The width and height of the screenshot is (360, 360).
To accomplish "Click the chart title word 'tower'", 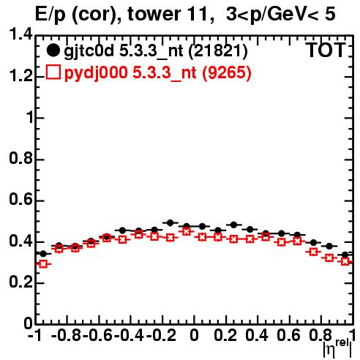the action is (154, 14).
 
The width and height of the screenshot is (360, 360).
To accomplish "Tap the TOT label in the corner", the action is (326, 50).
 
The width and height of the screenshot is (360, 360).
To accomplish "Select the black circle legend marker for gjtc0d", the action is (53, 50).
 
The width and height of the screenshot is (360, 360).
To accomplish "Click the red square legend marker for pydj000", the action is (53, 72).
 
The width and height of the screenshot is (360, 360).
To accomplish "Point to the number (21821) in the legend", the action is (218, 51).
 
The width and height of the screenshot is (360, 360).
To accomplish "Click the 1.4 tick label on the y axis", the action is (20, 34).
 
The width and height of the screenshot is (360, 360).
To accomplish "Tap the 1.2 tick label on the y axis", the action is (20, 76).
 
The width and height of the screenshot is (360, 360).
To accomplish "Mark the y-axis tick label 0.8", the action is (20, 158).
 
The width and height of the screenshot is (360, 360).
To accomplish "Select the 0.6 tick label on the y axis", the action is (20, 200).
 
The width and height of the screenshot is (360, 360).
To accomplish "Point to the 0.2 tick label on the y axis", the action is (20, 282).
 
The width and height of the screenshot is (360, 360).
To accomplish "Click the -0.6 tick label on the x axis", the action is (97, 335).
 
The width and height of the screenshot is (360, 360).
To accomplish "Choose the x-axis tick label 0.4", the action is (257, 335).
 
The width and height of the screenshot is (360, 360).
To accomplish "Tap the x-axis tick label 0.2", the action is (225, 335).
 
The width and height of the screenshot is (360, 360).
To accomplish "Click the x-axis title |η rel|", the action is (337, 348).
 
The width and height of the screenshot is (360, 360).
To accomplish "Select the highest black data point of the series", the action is (170, 222).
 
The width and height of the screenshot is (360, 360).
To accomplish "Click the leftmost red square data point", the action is (43, 264).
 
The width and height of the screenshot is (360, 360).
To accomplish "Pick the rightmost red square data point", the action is (345, 262).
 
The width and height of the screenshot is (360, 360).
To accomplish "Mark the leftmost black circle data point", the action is (43, 254).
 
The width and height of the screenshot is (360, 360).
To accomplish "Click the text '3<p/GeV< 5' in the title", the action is (281, 15).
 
